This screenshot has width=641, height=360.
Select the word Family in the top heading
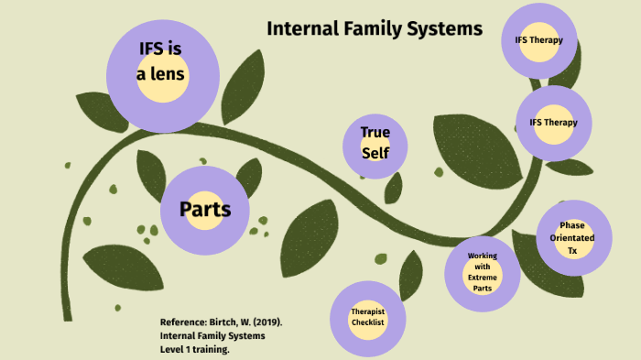click(373, 28)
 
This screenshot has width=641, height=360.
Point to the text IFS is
click(161, 49)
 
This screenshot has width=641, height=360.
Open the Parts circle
click(205, 210)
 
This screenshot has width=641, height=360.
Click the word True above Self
click(375, 132)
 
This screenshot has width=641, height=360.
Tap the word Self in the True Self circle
click(375, 153)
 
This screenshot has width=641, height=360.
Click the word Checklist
click(366, 322)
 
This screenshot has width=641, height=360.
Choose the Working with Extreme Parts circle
click(482, 271)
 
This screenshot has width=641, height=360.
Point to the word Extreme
click(483, 277)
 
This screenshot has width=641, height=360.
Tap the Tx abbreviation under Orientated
click(572, 250)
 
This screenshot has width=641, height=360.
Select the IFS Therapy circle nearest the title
click(539, 40)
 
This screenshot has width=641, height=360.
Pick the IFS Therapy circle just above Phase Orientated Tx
click(553, 123)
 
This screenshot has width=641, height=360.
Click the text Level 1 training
click(194, 349)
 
